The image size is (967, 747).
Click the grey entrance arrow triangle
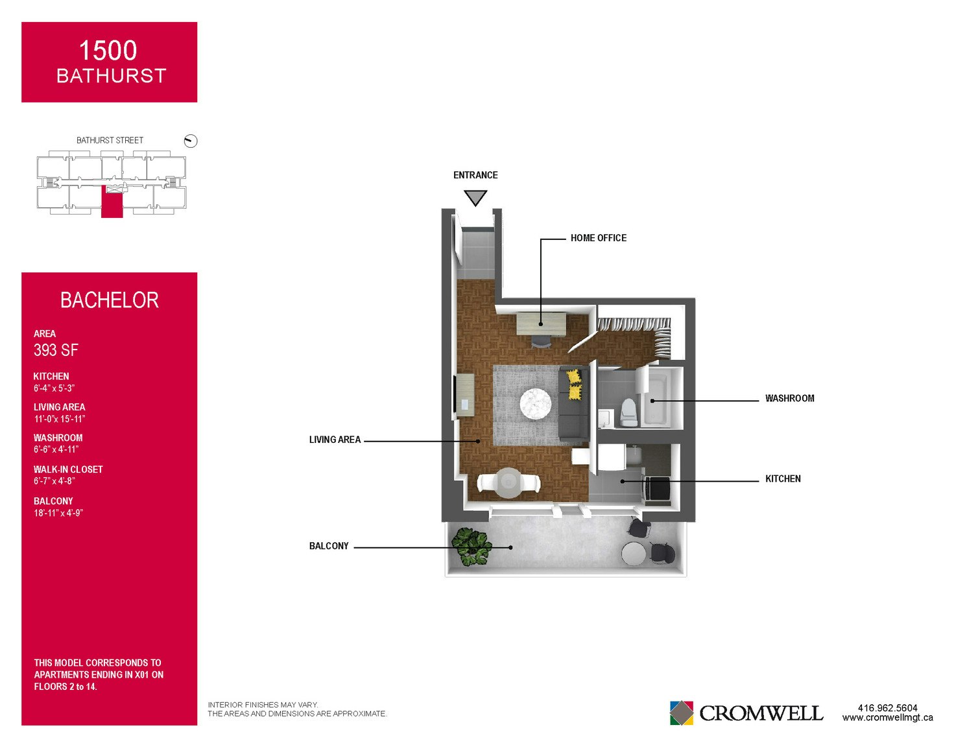pyautogui.click(x=475, y=197)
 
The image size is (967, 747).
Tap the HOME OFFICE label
pyautogui.click(x=598, y=238)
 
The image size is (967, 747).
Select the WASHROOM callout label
pyautogui.click(x=789, y=398)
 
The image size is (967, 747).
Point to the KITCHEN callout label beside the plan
pyautogui.click(x=783, y=479)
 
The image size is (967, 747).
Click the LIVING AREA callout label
pyautogui.click(x=335, y=440)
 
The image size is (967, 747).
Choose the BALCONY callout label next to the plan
pyautogui.click(x=329, y=546)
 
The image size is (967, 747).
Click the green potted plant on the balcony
pyautogui.click(x=472, y=547)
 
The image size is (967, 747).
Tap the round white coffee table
pyautogui.click(x=536, y=404)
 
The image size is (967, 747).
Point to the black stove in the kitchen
pyautogui.click(x=658, y=489)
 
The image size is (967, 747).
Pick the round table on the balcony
pyautogui.click(x=633, y=554)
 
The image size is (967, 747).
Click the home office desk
pyautogui.click(x=541, y=324)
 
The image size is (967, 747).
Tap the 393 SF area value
pyautogui.click(x=56, y=350)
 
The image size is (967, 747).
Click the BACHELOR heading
pyautogui.click(x=110, y=300)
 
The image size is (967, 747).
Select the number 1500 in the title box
pyautogui.click(x=108, y=51)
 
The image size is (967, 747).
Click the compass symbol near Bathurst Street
pyautogui.click(x=191, y=141)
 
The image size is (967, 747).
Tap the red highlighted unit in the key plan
pyautogui.click(x=112, y=202)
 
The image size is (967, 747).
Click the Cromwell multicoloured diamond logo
pyautogui.click(x=681, y=713)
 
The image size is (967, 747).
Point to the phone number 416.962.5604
pyautogui.click(x=887, y=707)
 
